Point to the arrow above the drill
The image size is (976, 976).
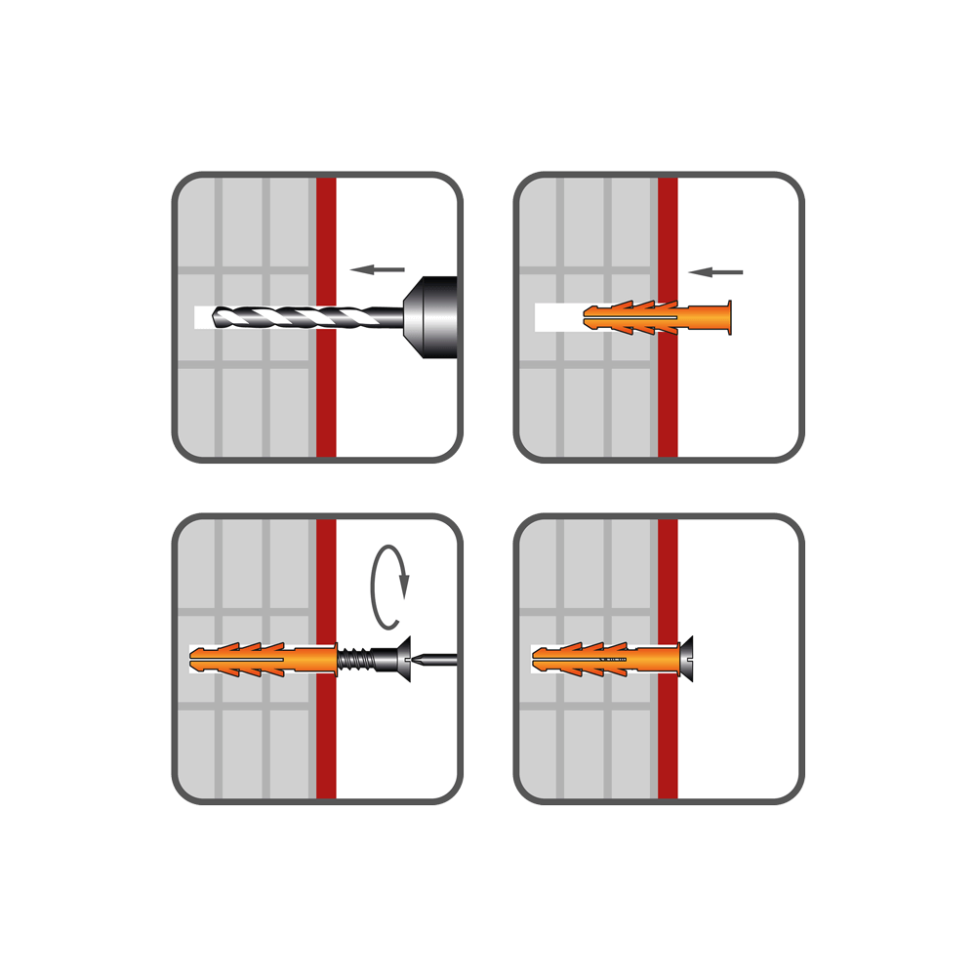tap(378, 268)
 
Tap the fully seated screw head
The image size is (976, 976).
tap(687, 659)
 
